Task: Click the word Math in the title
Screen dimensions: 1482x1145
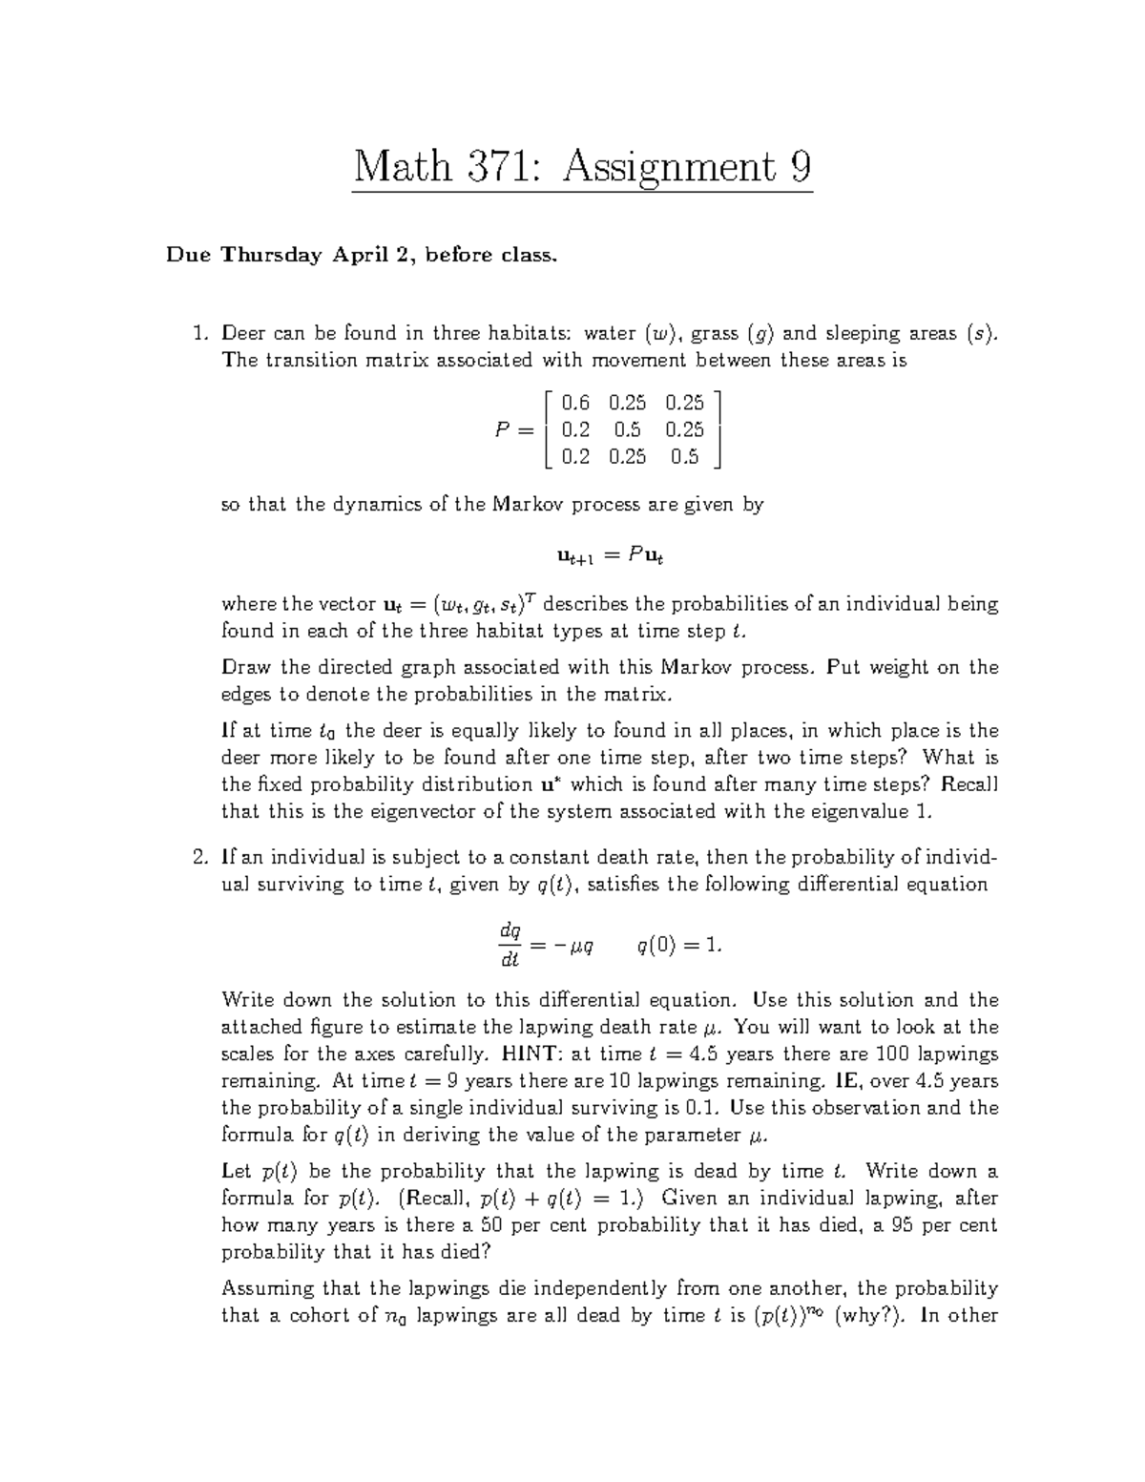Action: coord(402,168)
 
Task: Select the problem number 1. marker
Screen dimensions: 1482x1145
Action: coord(199,333)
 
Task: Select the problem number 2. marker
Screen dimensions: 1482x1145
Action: coord(199,857)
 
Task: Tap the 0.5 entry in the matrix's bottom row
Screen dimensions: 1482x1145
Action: coord(684,456)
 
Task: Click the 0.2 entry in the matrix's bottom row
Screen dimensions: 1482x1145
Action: coord(575,456)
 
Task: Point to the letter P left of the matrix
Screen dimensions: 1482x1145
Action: coord(503,429)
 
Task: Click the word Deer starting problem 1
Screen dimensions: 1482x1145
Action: coord(243,333)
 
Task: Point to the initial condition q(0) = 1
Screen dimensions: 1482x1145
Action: coord(678,945)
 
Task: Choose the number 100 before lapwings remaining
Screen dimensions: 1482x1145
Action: coord(891,1054)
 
